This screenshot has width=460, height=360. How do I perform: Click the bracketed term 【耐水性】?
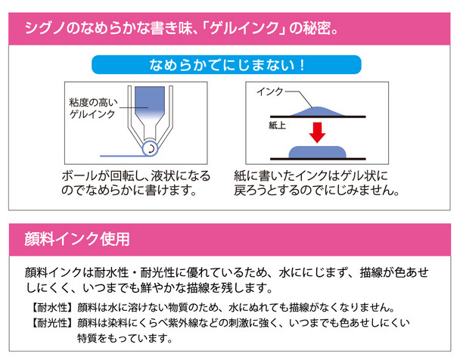49,309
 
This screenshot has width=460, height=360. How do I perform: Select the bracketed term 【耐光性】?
49,323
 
